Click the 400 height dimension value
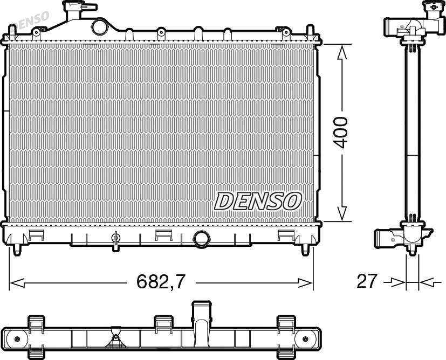point(341,133)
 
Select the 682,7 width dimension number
point(161,281)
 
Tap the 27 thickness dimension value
point(367,281)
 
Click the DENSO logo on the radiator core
point(258,201)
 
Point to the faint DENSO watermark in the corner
point(31,20)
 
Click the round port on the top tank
point(100,27)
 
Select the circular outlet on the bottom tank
point(201,239)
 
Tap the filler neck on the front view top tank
point(78,11)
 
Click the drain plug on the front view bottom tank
point(115,241)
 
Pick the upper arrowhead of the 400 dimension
point(341,53)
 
